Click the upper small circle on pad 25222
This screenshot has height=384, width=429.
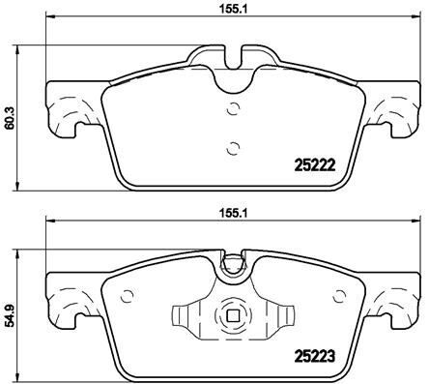[230, 108]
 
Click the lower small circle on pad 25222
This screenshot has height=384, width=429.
[230, 148]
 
